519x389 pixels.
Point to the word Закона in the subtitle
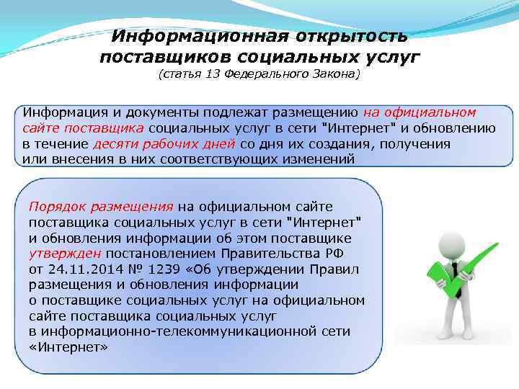point(332,74)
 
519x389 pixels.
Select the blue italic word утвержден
point(66,253)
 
